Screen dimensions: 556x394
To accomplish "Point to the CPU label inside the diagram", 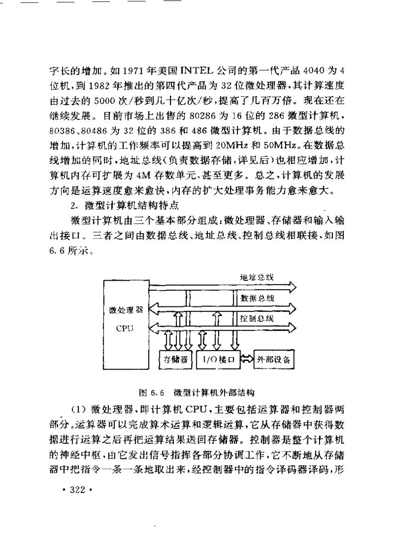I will click(x=126, y=328).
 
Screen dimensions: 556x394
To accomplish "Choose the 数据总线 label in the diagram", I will click(x=257, y=299).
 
